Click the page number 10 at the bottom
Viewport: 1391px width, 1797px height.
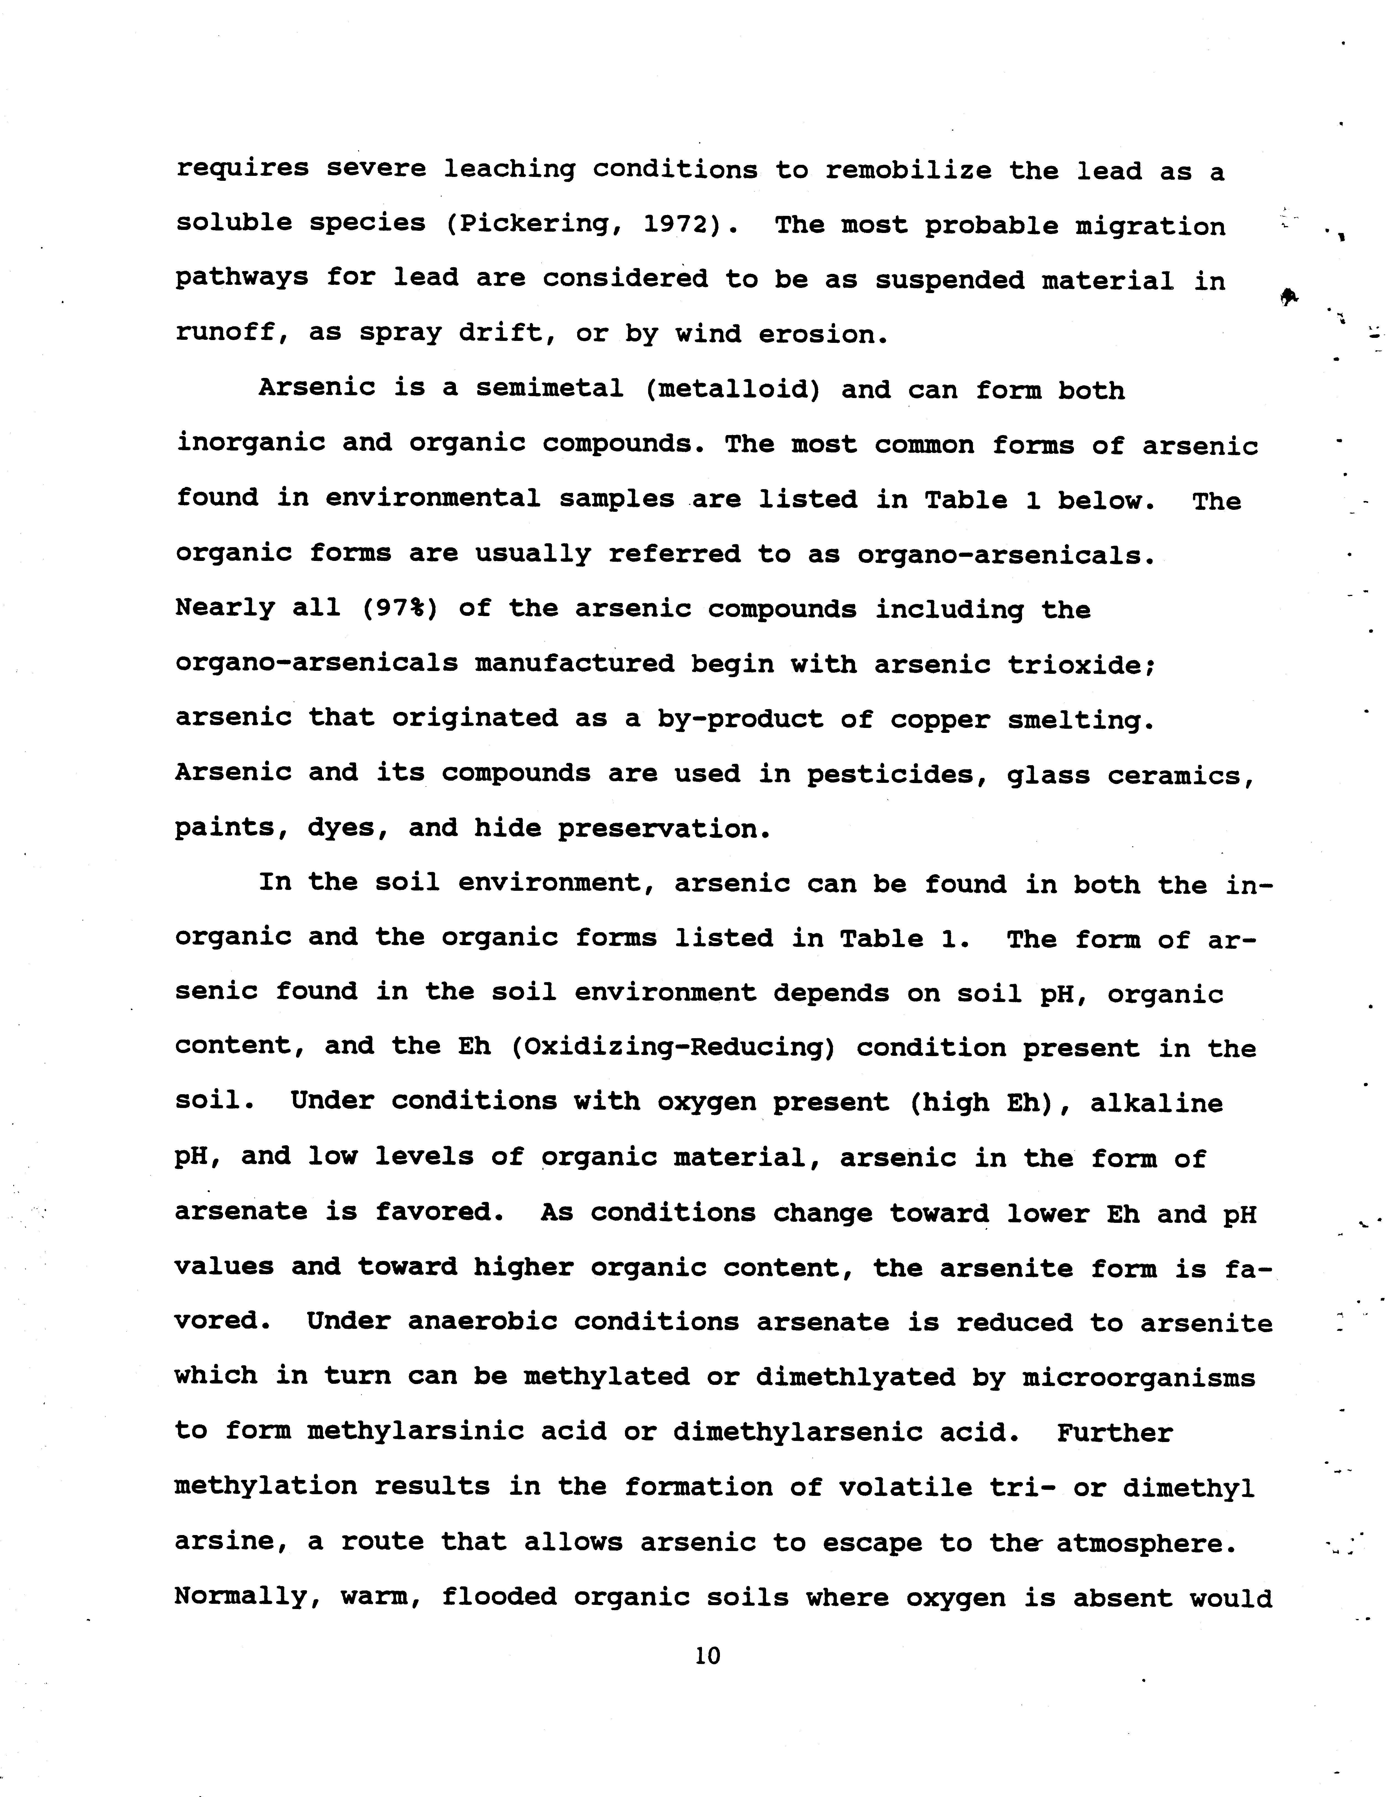[x=707, y=1655]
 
